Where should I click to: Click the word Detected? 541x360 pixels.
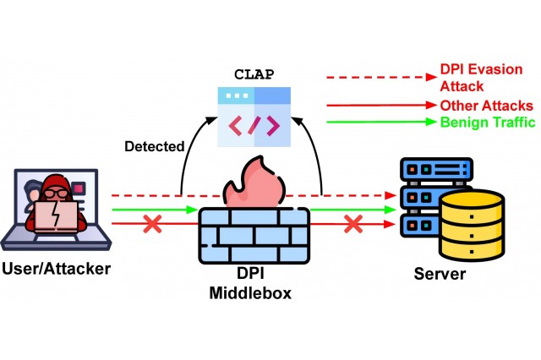point(154,146)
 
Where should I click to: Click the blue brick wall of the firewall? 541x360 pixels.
point(254,232)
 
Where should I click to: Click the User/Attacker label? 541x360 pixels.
point(57,270)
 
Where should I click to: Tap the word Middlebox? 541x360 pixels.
point(253,294)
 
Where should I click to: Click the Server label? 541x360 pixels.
point(439,274)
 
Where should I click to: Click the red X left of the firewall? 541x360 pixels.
point(153,225)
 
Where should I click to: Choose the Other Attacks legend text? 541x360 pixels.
point(486,106)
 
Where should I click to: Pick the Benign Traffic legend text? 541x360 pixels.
point(486,123)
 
